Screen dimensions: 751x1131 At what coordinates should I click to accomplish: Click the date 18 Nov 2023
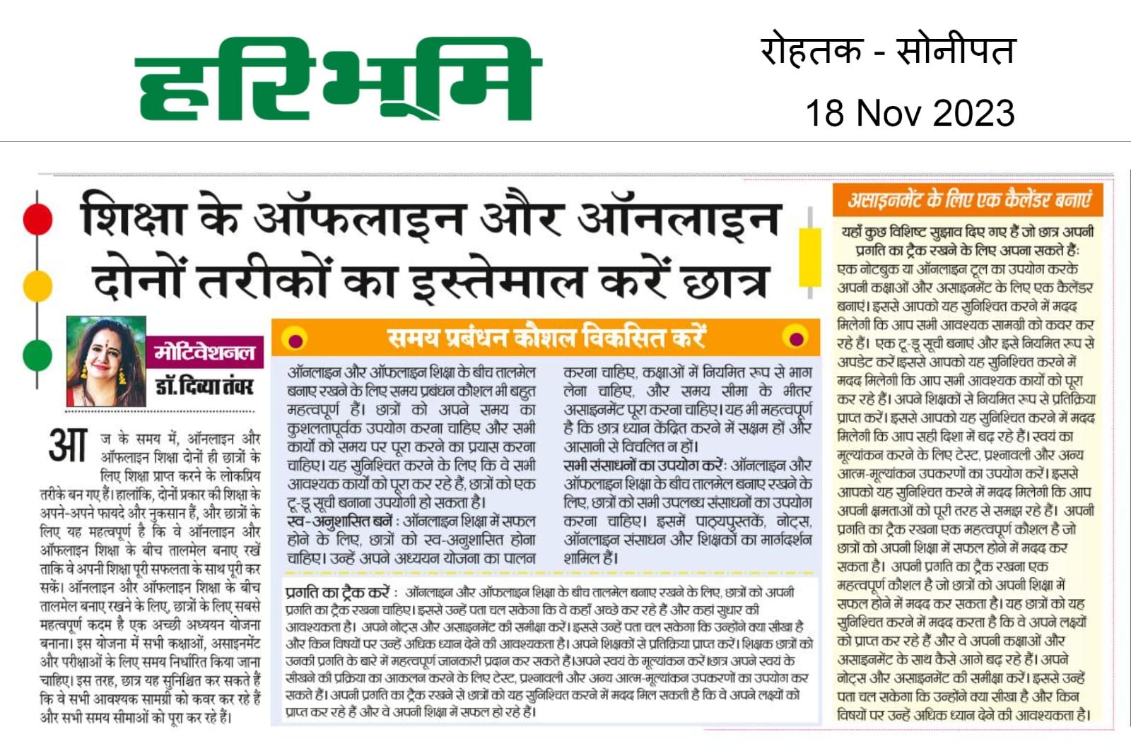pos(910,113)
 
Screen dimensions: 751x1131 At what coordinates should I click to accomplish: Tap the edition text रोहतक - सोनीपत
pos(888,51)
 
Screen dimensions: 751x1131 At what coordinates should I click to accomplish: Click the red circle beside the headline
pos(37,219)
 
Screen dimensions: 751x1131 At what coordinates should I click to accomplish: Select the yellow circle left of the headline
pos(37,286)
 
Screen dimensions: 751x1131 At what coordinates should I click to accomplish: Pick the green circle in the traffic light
pos(37,354)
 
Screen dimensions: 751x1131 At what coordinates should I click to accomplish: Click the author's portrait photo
pos(106,361)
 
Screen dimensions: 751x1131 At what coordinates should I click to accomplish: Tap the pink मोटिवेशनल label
pos(204,352)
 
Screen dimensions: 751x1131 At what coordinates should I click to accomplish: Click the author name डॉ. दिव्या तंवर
pos(204,386)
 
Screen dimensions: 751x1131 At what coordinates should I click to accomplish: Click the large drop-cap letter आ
pos(68,446)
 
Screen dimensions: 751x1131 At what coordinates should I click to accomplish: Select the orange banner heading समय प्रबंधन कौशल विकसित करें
pos(546,338)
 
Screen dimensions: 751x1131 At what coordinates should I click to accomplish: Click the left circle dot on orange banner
pos(295,339)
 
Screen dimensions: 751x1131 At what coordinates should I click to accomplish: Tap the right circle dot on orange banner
pos(796,338)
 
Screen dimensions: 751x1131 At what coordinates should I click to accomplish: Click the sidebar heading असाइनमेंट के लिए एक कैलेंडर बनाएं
pos(970,201)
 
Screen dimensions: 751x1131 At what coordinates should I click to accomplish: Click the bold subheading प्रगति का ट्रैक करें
pos(338,592)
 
